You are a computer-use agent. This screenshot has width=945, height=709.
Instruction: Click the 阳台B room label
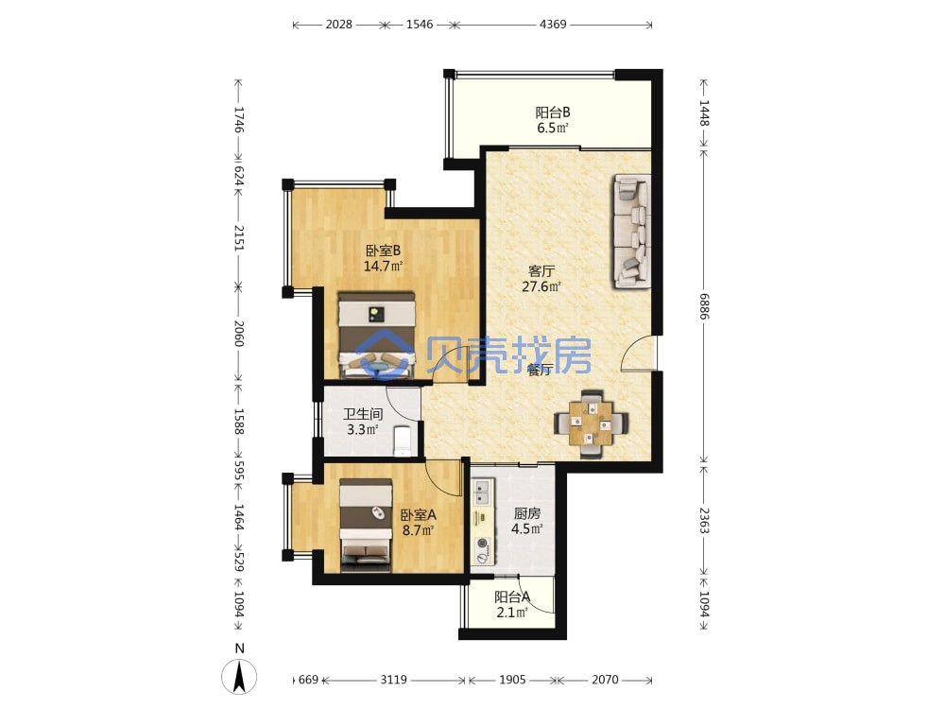pyautogui.click(x=553, y=112)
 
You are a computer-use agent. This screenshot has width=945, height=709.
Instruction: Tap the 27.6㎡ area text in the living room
pyautogui.click(x=541, y=287)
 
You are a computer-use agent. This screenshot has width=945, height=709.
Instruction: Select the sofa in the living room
pyautogui.click(x=632, y=232)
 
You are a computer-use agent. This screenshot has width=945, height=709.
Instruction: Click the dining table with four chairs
pyautogui.click(x=592, y=424)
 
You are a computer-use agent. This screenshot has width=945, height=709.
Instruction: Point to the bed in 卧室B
pyautogui.click(x=377, y=336)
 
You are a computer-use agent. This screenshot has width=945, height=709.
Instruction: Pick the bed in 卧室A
pyautogui.click(x=366, y=525)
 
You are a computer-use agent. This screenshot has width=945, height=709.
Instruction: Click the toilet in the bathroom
pyautogui.click(x=402, y=441)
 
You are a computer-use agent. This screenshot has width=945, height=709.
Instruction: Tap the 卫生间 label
pyautogui.click(x=363, y=414)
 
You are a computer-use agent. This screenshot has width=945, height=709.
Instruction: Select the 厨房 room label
pyautogui.click(x=526, y=513)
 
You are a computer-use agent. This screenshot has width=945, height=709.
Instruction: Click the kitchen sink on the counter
pyautogui.click(x=482, y=492)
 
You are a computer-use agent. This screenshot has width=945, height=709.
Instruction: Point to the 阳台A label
pyautogui.click(x=511, y=597)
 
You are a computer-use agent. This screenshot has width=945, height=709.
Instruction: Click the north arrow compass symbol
pyautogui.click(x=239, y=675)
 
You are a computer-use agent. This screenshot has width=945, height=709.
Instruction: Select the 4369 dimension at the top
pyautogui.click(x=553, y=25)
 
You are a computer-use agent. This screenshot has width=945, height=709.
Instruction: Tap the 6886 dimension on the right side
pyautogui.click(x=704, y=306)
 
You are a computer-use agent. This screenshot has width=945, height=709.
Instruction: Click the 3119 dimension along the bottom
pyautogui.click(x=393, y=680)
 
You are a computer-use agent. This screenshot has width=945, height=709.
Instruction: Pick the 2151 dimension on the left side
pyautogui.click(x=239, y=238)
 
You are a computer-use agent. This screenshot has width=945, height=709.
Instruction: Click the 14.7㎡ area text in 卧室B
pyautogui.click(x=383, y=266)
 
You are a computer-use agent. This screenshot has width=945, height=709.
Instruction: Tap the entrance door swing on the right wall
pyautogui.click(x=638, y=354)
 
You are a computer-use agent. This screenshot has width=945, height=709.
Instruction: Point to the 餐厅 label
pyautogui.click(x=540, y=371)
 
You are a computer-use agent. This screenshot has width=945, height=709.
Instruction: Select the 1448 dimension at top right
pyautogui.click(x=704, y=112)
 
